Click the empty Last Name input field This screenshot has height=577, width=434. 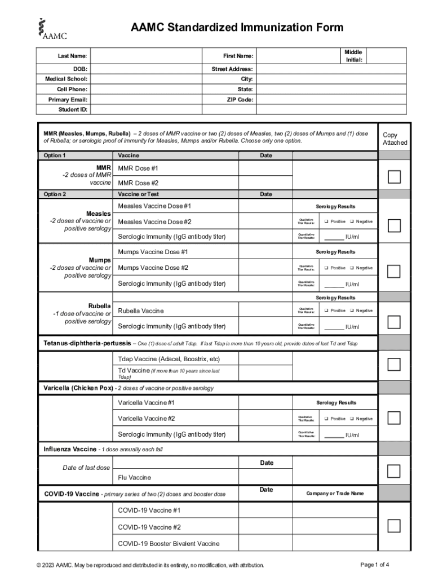tap(146, 56)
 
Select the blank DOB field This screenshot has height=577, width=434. tap(146, 69)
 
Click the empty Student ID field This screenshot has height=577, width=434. tap(146, 110)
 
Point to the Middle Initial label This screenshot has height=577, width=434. tap(353, 56)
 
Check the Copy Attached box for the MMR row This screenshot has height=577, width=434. tap(394, 176)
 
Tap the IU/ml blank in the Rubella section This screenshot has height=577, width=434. tap(334, 327)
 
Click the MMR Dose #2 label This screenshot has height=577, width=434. tap(138, 183)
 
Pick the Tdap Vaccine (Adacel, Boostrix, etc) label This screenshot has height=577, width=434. tap(169, 359)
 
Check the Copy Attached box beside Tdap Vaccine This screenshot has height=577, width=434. tap(394, 364)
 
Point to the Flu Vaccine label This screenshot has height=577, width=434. tap(134, 478)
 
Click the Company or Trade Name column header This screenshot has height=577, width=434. tap(335, 494)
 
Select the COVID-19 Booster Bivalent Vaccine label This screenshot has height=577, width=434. tap(169, 544)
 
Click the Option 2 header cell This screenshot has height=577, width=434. tap(55, 194)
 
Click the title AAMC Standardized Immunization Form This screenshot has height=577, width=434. tap(237, 28)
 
